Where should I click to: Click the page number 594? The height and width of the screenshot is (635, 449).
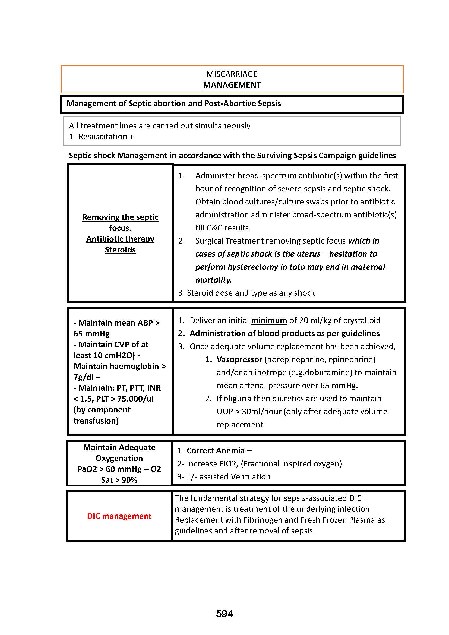click(224, 614)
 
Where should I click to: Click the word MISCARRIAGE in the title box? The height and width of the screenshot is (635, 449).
click(232, 74)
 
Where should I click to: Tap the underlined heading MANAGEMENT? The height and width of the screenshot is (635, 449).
click(232, 85)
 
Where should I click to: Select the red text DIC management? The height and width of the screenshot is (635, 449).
click(119, 516)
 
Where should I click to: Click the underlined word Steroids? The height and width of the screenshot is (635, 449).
click(120, 250)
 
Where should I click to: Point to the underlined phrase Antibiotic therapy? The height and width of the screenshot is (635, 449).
click(120, 239)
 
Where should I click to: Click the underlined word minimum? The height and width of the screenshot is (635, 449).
click(269, 320)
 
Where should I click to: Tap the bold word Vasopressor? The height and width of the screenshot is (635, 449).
click(239, 359)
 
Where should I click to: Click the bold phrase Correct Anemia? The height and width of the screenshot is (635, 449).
click(216, 451)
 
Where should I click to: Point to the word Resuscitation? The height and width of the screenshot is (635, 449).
click(103, 137)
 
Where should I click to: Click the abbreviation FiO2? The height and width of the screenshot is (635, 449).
click(227, 463)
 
